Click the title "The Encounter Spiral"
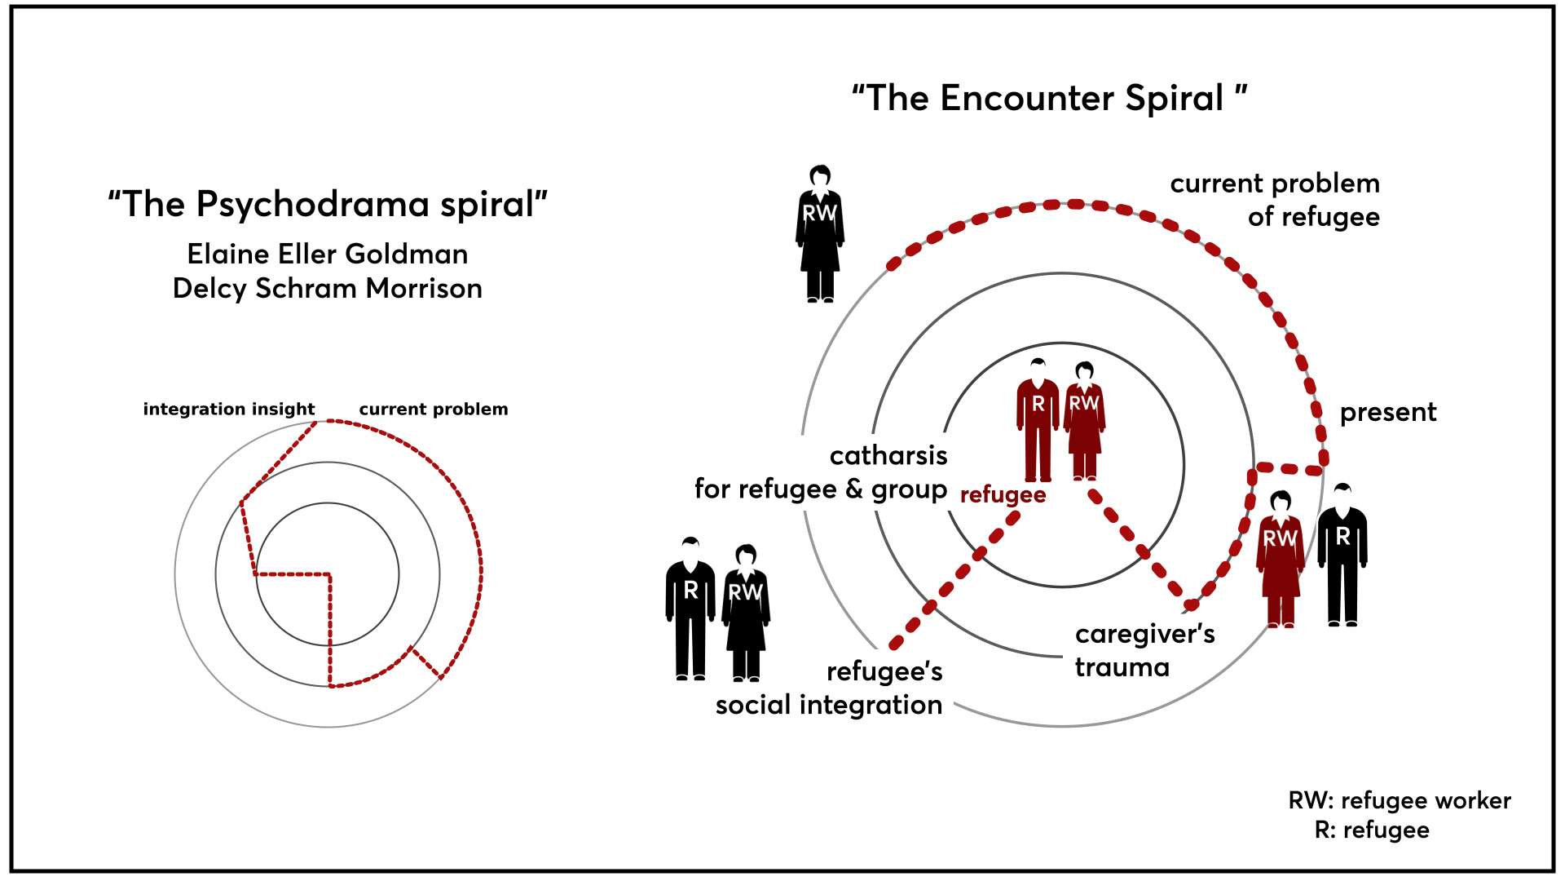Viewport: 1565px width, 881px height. [x=1050, y=98]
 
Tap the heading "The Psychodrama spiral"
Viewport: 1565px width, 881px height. [x=328, y=204]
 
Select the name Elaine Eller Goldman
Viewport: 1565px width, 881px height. [x=328, y=254]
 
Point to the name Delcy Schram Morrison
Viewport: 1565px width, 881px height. [x=328, y=288]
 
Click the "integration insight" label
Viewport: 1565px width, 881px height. [x=229, y=409]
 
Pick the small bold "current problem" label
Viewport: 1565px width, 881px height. [x=434, y=409]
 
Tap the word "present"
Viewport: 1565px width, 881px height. [x=1388, y=413]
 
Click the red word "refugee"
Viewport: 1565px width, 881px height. [x=1003, y=495]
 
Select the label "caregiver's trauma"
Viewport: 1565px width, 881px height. [x=1144, y=650]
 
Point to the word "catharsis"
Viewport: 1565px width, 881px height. [x=888, y=455]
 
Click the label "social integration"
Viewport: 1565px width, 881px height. [x=829, y=705]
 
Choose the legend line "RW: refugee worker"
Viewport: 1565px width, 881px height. [x=1400, y=800]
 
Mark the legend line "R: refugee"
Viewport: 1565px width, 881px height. [x=1372, y=830]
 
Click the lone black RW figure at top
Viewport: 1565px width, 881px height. [x=820, y=234]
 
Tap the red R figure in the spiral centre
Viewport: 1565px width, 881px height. [x=1038, y=419]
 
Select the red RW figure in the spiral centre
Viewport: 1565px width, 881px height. [x=1084, y=421]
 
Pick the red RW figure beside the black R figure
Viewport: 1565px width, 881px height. [x=1281, y=560]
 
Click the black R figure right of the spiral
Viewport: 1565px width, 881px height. [x=1342, y=555]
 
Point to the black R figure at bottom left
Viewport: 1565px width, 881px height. [x=690, y=609]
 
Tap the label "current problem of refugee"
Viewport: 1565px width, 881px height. [x=1275, y=200]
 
